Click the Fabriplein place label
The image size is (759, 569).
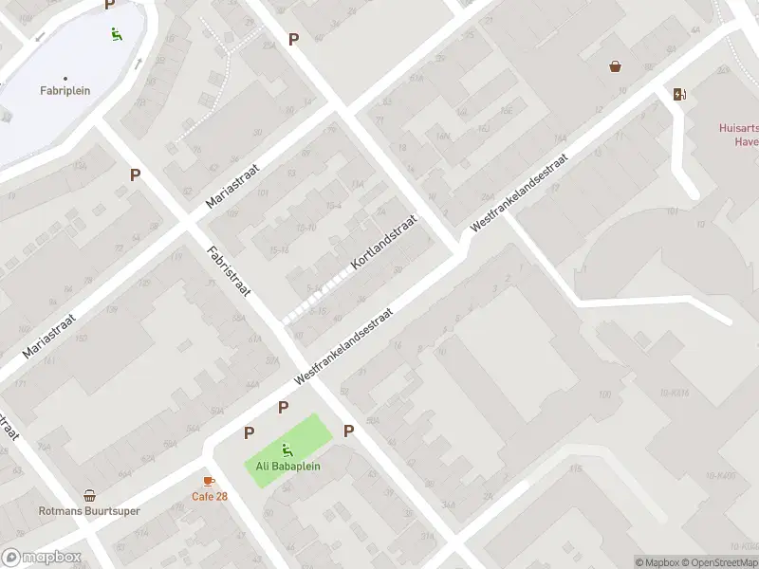(x=65, y=91)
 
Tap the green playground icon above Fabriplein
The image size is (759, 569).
(x=116, y=35)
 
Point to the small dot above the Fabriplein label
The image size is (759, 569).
(x=65, y=78)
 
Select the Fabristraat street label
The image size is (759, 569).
(x=228, y=270)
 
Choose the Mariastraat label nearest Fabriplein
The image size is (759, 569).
(x=236, y=184)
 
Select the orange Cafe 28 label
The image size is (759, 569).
(x=210, y=496)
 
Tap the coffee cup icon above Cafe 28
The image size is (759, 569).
(x=209, y=482)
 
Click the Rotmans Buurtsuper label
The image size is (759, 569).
(x=89, y=510)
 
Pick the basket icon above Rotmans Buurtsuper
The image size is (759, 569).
(x=89, y=495)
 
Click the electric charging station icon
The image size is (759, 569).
(x=678, y=93)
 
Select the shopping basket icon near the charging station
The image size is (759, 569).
(x=616, y=66)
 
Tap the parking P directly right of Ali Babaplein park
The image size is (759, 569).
(x=348, y=431)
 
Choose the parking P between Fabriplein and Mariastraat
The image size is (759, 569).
(x=136, y=174)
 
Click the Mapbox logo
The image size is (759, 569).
(x=41, y=557)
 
